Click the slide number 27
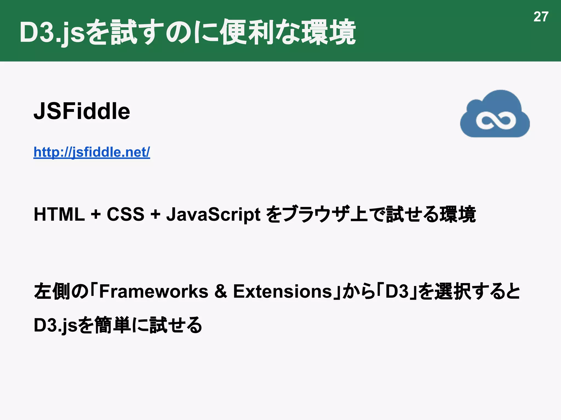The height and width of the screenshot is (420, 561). [x=541, y=17]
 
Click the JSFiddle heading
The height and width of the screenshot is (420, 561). [x=82, y=111]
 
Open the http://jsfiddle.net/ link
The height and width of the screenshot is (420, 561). [x=92, y=152]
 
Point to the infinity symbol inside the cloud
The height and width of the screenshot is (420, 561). [x=496, y=120]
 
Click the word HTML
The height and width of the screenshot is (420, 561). [x=59, y=214]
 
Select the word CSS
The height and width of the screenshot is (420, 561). [x=125, y=214]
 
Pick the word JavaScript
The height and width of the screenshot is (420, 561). [x=213, y=215]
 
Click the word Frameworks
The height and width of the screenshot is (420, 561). [x=154, y=291]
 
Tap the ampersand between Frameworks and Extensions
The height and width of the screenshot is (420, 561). [x=221, y=291]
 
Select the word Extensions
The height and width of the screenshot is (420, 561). [x=282, y=291]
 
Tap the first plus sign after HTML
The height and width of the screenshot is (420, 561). [x=96, y=214]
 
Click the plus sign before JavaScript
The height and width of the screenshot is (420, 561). [x=155, y=214]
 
